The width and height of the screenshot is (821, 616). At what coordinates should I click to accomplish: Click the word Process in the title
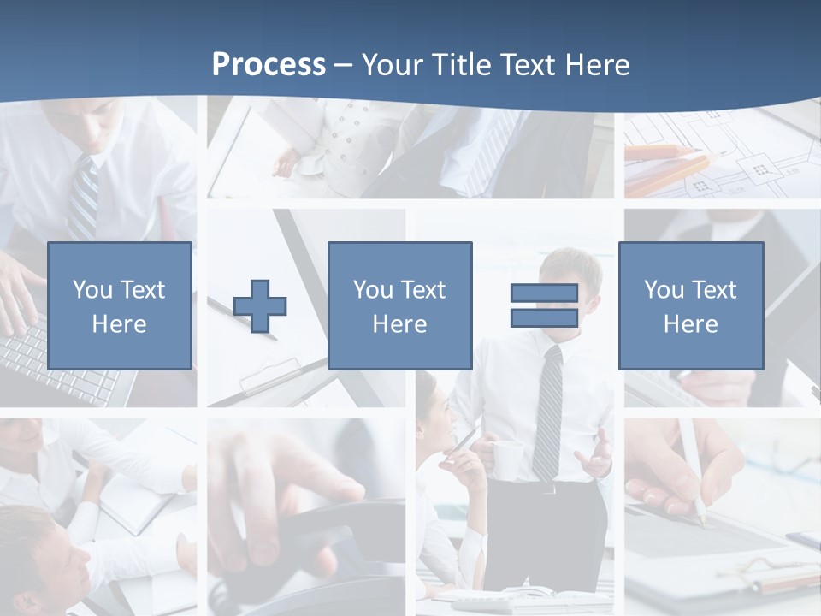tap(269, 65)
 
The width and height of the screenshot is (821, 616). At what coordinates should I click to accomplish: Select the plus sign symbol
tap(260, 305)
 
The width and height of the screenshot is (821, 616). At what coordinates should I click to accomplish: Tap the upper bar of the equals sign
tap(544, 293)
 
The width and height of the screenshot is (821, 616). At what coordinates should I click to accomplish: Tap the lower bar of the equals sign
tap(544, 317)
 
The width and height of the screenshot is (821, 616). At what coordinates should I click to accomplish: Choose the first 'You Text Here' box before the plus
tap(119, 305)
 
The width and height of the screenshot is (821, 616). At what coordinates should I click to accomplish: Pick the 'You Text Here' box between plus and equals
tap(399, 305)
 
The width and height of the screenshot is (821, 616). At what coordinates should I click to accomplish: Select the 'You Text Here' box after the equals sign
tap(690, 305)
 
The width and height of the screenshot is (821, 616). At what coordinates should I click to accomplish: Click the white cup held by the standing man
tap(507, 459)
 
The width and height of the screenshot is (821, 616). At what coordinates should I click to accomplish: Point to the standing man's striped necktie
tap(547, 411)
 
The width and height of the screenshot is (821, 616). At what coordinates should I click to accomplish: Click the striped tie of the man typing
tap(83, 197)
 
